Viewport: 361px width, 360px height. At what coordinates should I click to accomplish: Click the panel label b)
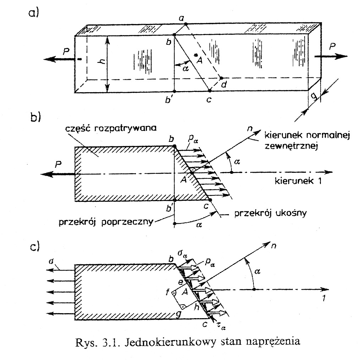tap(35, 117)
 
